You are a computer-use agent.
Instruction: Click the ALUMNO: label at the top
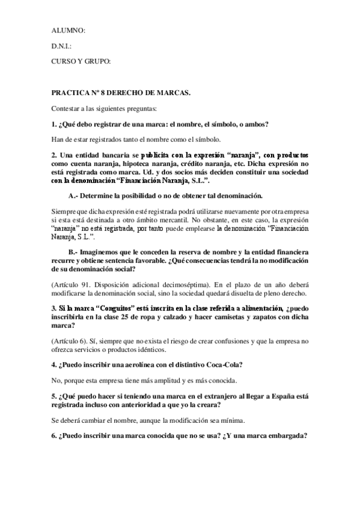point(69,29)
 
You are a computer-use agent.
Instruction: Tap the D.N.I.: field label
point(62,46)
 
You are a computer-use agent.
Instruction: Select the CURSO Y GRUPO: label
point(81,61)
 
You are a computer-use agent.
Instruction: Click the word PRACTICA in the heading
point(72,94)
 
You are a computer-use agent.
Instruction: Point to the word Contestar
point(68,109)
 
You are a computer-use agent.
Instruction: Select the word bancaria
point(107,155)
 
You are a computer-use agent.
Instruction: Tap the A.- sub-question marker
point(75,197)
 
